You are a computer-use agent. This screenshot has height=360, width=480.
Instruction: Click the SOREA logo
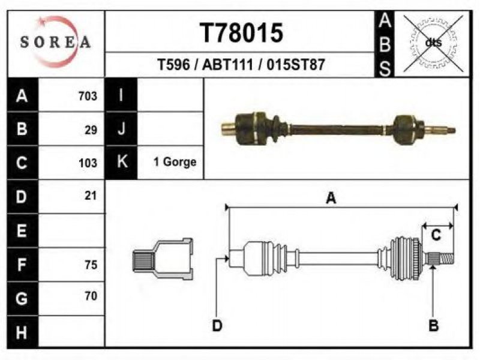(55, 42)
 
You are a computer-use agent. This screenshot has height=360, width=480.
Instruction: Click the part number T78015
(242, 33)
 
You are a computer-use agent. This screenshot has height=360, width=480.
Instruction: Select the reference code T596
(173, 65)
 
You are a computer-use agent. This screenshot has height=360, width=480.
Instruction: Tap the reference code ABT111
(228, 65)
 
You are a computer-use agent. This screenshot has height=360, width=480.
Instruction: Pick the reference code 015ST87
(295, 65)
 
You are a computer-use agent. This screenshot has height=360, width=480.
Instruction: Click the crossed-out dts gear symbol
(433, 43)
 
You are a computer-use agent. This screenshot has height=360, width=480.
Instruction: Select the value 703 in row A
(88, 96)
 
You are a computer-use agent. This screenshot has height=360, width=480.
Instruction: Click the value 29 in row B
(91, 130)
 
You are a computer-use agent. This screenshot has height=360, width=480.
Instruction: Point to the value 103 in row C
(88, 163)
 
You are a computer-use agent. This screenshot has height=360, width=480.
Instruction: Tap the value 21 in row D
(91, 196)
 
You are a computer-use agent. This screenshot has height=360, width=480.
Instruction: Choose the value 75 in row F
(91, 265)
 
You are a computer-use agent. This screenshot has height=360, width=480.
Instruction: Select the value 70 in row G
(91, 296)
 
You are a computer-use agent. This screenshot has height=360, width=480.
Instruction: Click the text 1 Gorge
(175, 162)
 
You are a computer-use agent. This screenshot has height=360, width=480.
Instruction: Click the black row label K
(122, 161)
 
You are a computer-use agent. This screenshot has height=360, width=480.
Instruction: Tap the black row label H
(22, 332)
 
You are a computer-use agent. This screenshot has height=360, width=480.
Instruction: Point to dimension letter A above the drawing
(331, 198)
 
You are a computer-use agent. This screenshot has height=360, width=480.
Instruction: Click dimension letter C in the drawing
(436, 235)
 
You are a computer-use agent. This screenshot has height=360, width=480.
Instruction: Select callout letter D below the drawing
(217, 325)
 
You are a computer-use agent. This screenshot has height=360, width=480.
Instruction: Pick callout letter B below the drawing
(433, 325)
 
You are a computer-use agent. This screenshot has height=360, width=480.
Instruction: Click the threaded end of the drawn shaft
(446, 258)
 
